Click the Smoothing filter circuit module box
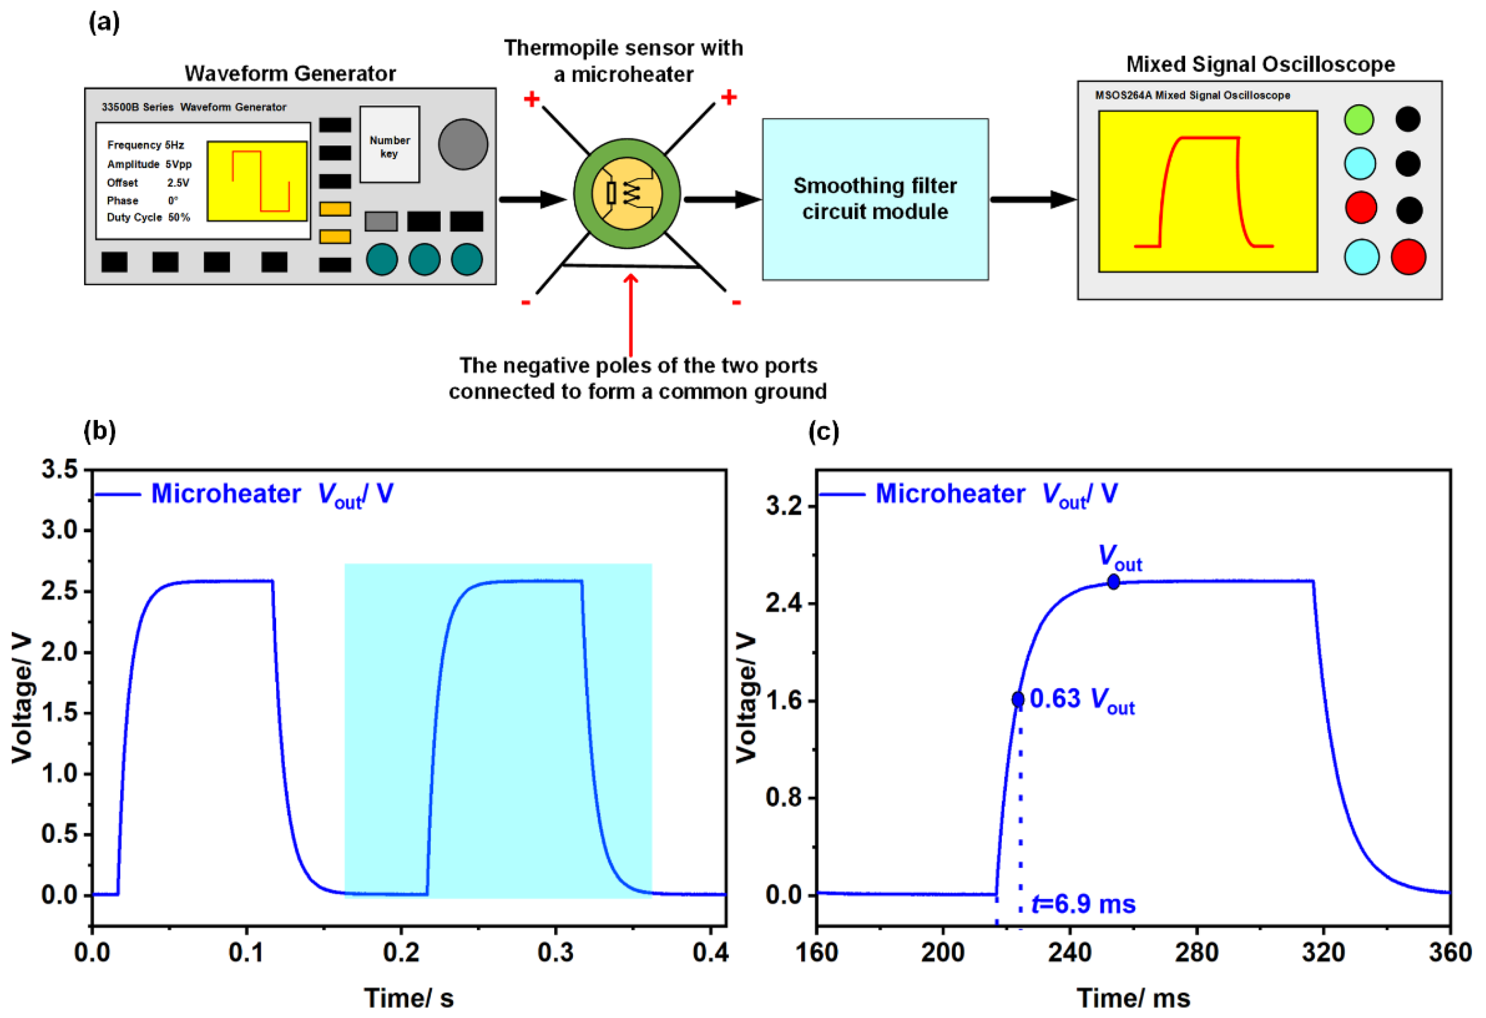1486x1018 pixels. coord(875,199)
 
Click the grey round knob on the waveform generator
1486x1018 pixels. coord(463,144)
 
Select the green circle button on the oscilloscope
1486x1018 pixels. coord(1359,119)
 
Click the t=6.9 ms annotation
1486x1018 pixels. coord(1083,904)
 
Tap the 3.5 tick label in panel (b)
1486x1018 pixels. coord(59,469)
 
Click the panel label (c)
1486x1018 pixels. coord(823,432)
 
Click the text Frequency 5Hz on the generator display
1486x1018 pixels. coord(145,145)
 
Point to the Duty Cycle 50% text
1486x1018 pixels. coord(148,217)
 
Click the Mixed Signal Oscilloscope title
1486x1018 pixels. coord(1260,64)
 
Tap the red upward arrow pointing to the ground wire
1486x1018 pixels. coord(631,313)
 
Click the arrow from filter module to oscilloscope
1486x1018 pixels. coord(1032,199)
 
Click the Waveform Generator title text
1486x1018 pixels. coord(289,74)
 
